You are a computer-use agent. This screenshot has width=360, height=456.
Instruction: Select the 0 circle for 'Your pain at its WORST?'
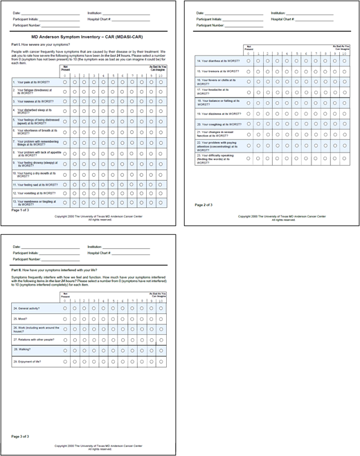pos(65,82)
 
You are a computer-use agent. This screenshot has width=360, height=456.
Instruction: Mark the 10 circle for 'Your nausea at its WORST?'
pos(161,101)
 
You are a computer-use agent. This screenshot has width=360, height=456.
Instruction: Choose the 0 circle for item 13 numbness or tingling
pos(65,203)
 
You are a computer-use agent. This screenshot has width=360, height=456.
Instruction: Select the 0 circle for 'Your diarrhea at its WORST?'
pos(249,61)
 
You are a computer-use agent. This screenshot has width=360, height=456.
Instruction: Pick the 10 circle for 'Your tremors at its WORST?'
pos(343,71)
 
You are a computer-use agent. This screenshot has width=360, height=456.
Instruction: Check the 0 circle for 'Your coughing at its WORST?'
pos(249,123)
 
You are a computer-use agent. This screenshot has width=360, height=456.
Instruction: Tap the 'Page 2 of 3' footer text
pos(204,205)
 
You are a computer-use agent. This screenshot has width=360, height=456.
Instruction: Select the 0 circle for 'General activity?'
pos(65,307)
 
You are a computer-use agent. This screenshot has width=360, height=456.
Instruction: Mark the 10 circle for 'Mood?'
pos(161,319)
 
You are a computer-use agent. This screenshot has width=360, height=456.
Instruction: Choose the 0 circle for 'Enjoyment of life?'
pos(65,361)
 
